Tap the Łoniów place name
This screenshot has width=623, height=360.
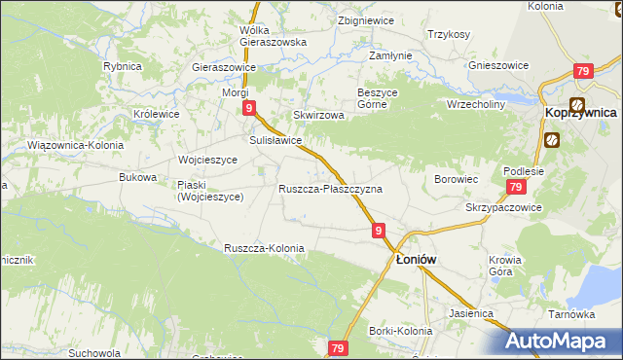point(420,260)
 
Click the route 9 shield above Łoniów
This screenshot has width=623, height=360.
point(380,231)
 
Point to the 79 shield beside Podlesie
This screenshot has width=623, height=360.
point(516,188)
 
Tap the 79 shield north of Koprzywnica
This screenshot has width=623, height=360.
point(583,71)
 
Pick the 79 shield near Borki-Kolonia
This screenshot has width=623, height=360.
point(338,348)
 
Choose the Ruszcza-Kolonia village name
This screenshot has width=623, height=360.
point(264,248)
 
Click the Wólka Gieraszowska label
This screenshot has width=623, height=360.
point(273,36)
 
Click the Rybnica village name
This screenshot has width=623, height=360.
point(123,66)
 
